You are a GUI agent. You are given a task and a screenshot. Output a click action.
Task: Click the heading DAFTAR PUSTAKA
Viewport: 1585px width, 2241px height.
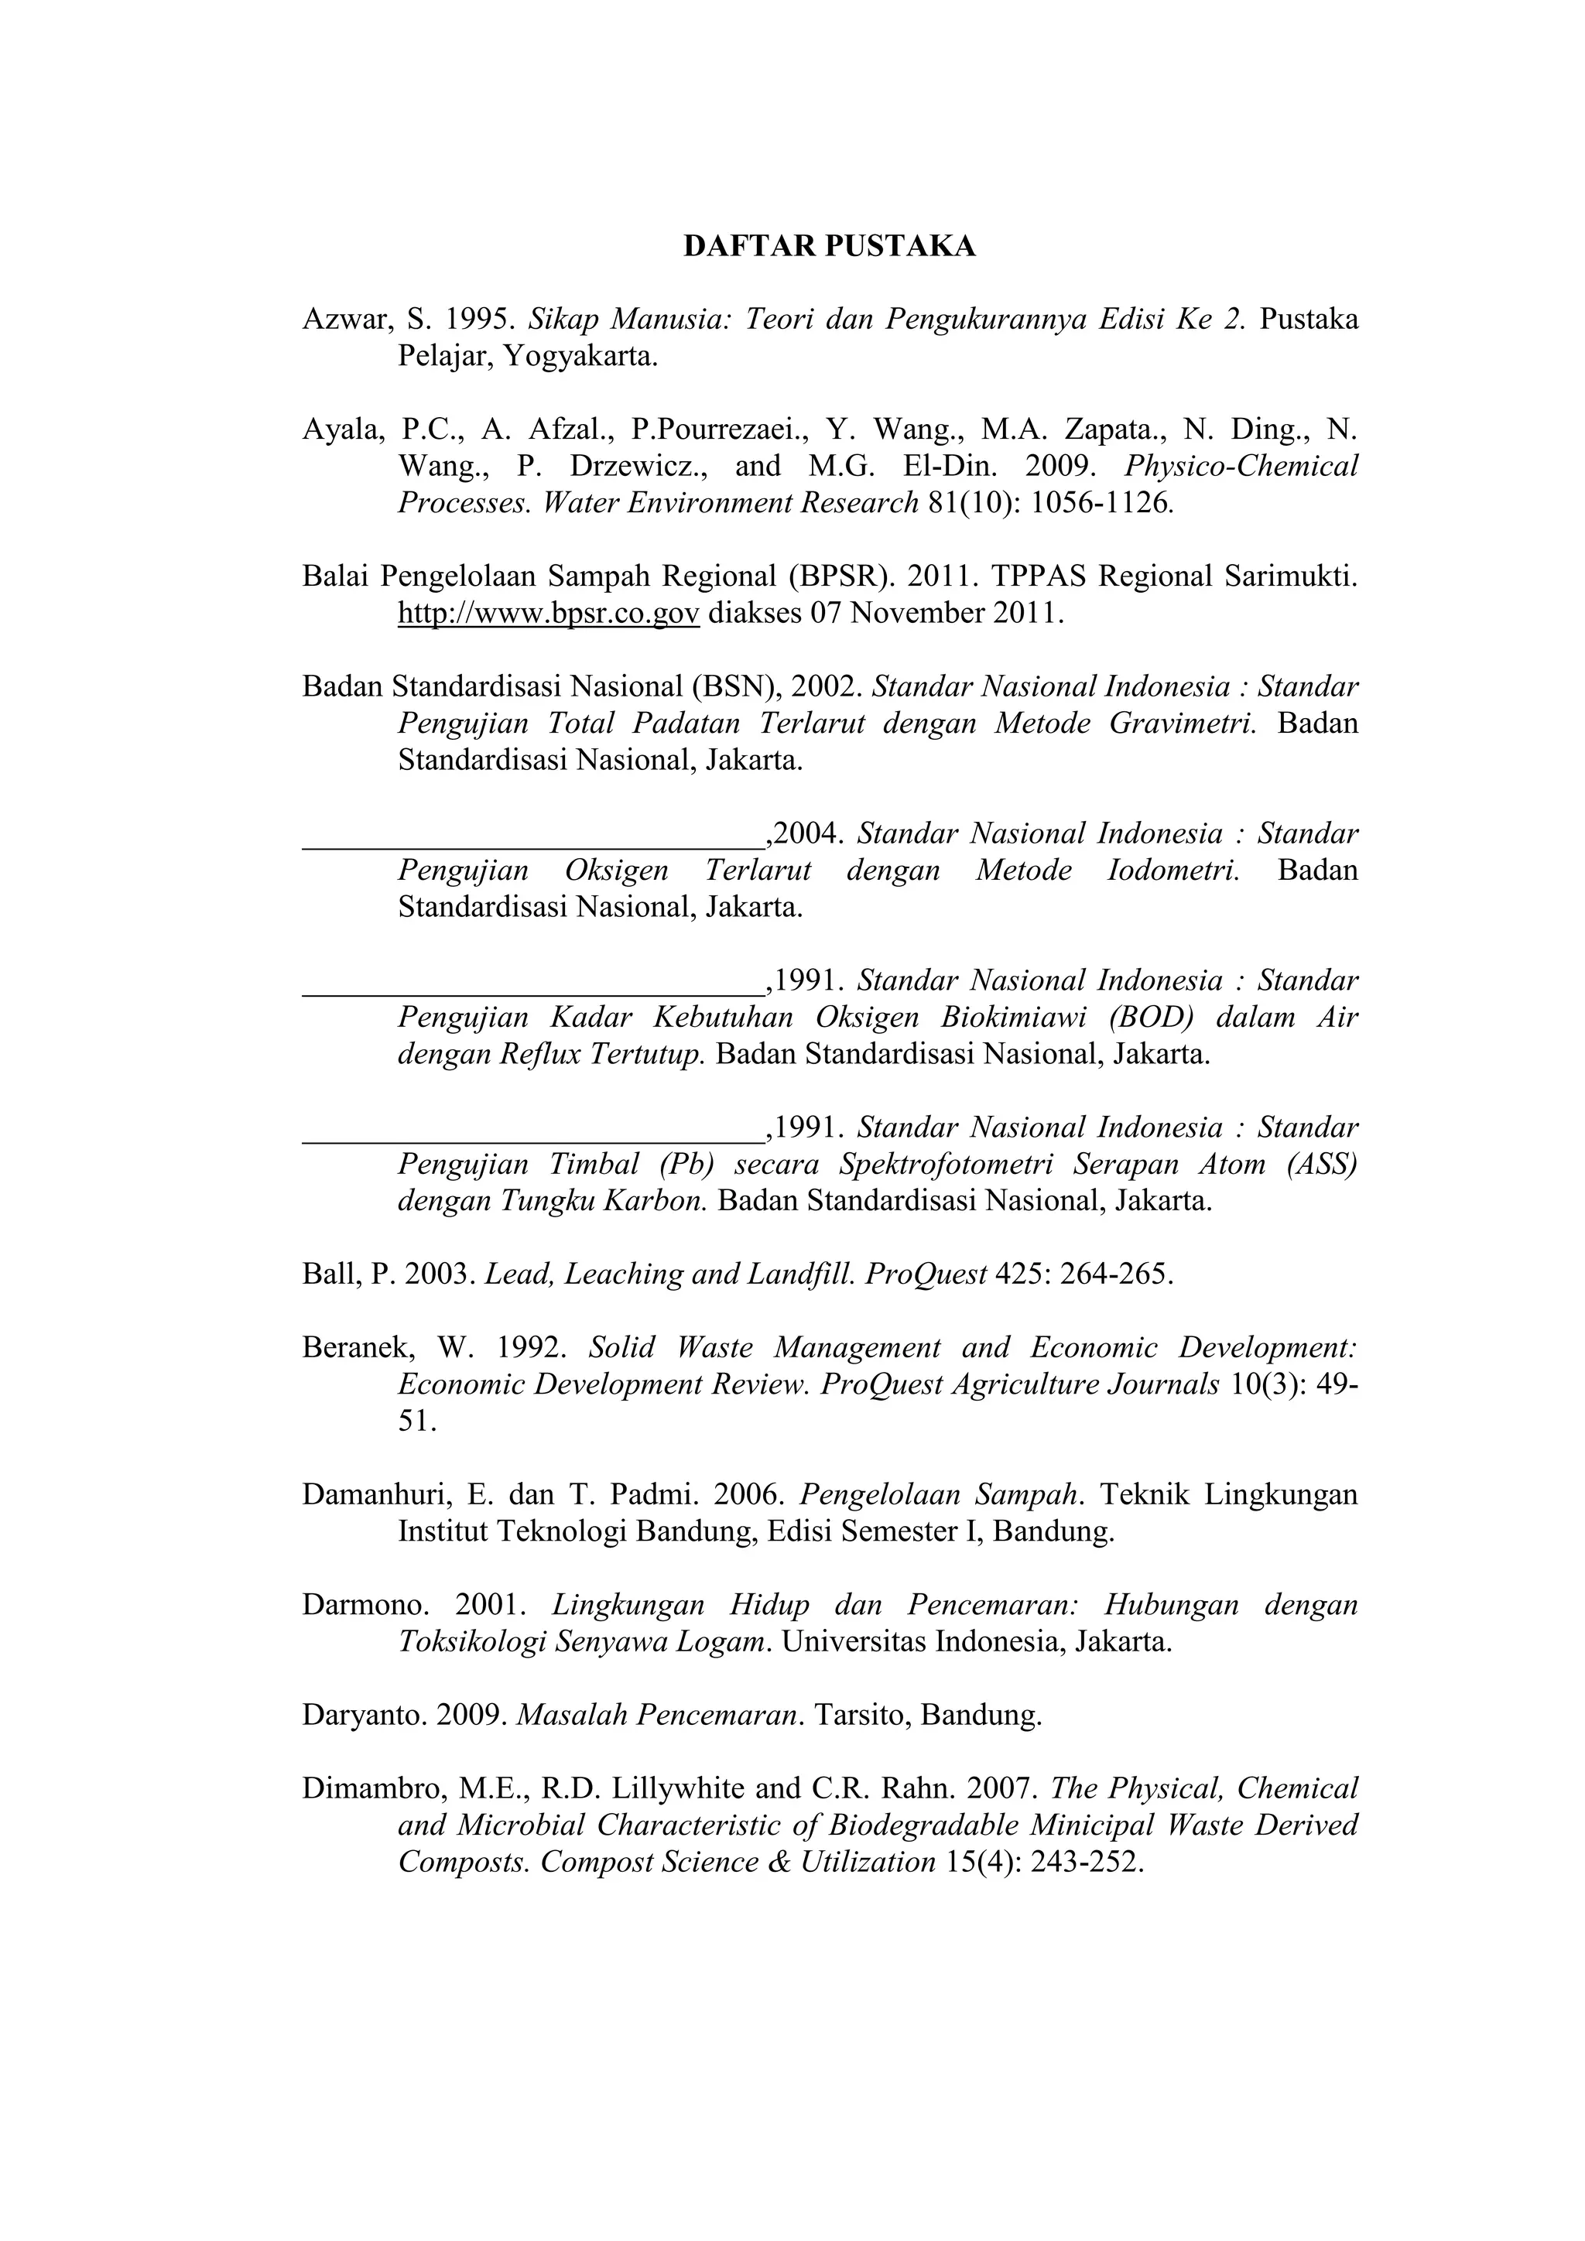[x=829, y=246]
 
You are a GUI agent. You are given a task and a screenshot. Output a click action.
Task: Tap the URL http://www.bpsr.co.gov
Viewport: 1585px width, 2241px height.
[x=549, y=614]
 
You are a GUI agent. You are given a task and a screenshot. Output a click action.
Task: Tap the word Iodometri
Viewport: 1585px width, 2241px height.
[x=1173, y=871]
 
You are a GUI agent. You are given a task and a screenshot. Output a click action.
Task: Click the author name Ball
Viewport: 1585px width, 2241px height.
[x=330, y=1274]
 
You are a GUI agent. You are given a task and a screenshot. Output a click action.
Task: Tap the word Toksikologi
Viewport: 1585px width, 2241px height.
[x=471, y=1643]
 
